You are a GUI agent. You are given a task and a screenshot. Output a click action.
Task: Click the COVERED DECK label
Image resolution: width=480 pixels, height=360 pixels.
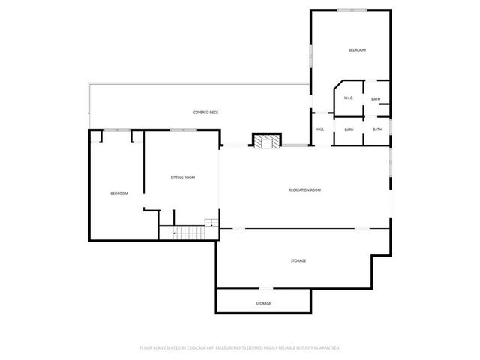point(205,112)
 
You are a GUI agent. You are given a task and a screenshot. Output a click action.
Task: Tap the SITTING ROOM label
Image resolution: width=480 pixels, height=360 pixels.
point(182,178)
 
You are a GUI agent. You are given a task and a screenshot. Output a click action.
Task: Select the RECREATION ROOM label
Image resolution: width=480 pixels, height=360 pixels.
point(304,190)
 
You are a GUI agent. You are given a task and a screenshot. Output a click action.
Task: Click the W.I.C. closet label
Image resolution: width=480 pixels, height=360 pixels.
point(349,98)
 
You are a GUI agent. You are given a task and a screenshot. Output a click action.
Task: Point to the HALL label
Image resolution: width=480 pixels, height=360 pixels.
point(319,130)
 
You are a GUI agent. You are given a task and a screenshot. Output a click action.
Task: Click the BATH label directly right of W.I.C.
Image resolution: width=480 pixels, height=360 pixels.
point(376,98)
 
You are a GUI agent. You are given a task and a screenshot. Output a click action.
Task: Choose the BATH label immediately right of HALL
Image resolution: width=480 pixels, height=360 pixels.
point(349,130)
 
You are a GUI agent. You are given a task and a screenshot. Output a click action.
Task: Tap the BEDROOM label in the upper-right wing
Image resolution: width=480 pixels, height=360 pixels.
point(356,50)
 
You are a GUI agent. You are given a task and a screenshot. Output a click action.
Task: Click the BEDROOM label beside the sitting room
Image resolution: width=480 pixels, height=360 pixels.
point(119,193)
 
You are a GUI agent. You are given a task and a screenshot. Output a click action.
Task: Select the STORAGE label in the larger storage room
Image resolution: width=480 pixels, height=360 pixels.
point(298,260)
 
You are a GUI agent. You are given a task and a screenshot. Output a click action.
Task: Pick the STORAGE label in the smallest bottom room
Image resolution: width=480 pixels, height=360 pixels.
point(263,303)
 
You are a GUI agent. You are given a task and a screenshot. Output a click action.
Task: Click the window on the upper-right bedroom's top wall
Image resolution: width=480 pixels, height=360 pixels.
point(351,10)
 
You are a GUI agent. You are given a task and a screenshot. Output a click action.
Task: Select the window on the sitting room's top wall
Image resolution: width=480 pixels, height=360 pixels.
point(178,130)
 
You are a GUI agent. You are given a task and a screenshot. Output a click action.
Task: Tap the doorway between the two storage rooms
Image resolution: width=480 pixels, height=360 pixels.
point(265,289)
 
